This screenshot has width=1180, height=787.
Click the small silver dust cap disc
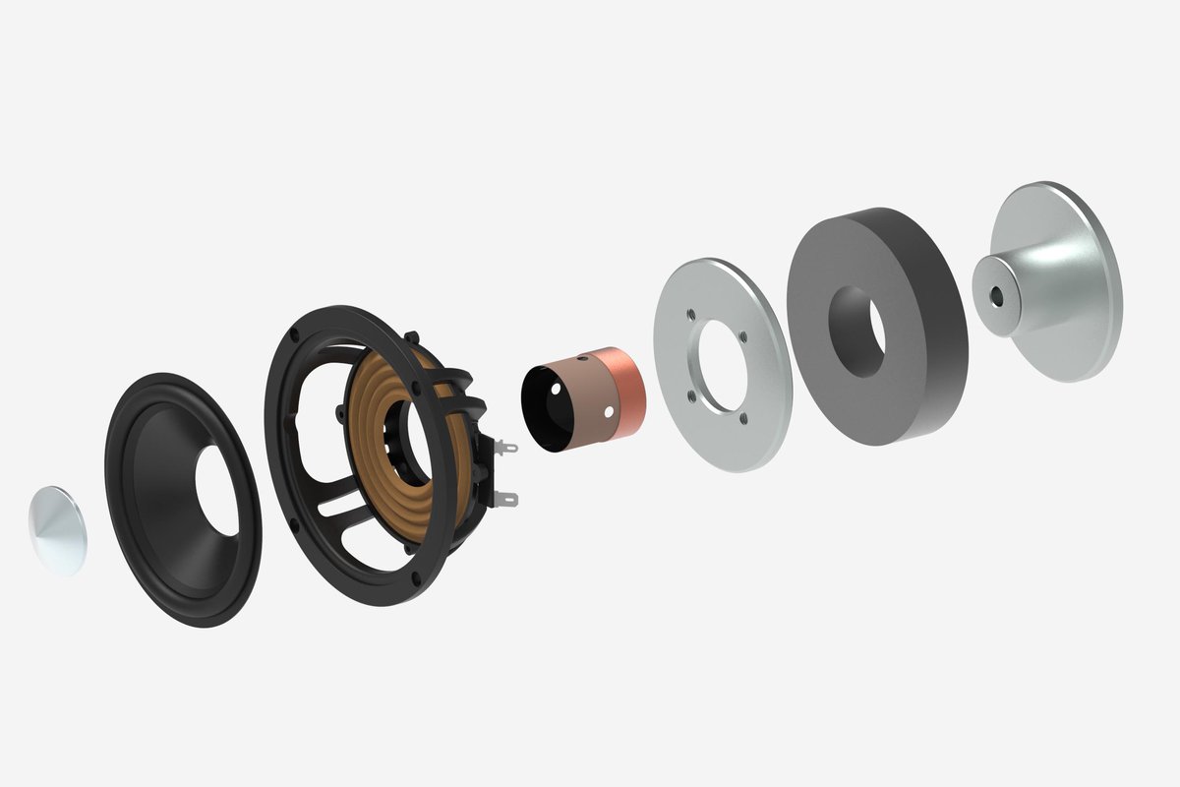tap(56, 529)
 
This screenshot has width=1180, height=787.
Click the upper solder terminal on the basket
tap(505, 449)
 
